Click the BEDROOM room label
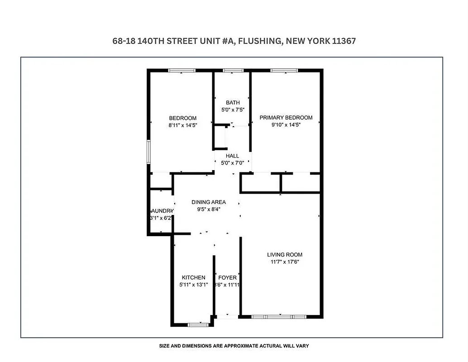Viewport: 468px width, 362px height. pyautogui.click(x=182, y=118)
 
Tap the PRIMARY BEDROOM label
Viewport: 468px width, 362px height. pyautogui.click(x=286, y=118)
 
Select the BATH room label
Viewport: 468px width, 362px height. pyautogui.click(x=233, y=103)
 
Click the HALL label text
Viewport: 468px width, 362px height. pyautogui.click(x=232, y=156)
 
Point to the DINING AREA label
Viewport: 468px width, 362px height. pyautogui.click(x=208, y=202)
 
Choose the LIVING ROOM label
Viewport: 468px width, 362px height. pyautogui.click(x=284, y=255)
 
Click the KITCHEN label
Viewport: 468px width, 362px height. pyautogui.click(x=193, y=277)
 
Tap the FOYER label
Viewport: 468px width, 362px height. pyautogui.click(x=227, y=277)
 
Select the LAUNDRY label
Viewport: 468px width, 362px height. pyautogui.click(x=162, y=211)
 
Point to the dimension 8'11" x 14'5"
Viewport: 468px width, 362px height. pyautogui.click(x=182, y=125)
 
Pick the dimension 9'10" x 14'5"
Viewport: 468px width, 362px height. pyautogui.click(x=286, y=125)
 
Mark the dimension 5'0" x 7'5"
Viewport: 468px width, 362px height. pyautogui.click(x=233, y=110)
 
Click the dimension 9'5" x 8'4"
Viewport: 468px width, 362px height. pyautogui.click(x=208, y=210)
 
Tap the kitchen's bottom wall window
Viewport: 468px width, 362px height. pyautogui.click(x=198, y=324)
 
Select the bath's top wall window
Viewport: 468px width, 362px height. pyautogui.click(x=233, y=70)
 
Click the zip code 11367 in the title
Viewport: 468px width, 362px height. pyautogui.click(x=344, y=41)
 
